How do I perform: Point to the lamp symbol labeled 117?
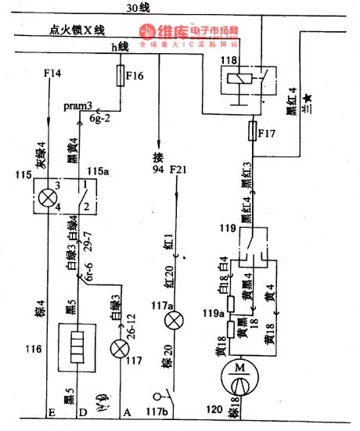pos(120,349)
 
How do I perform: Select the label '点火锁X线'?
pos(77,31)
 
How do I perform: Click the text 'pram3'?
pos(78,105)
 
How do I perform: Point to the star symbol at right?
pos(308,97)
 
